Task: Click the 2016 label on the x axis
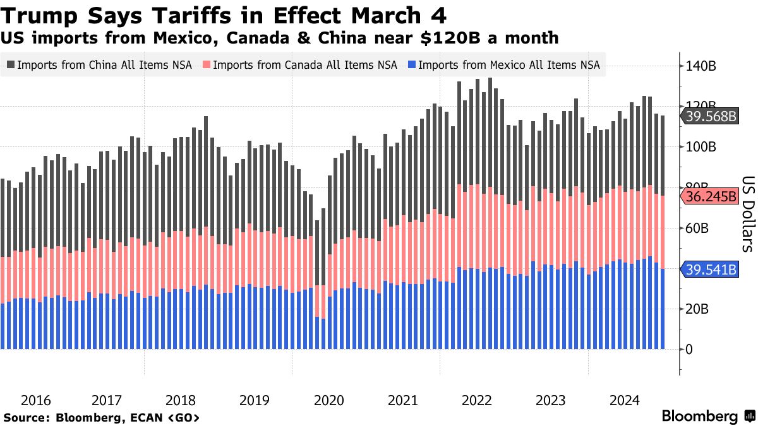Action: (x=35, y=400)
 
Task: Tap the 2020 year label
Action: (x=328, y=400)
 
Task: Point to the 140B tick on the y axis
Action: (x=702, y=66)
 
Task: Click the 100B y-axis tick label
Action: (x=702, y=147)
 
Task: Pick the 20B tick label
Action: (x=699, y=309)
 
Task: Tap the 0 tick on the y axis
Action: (x=690, y=349)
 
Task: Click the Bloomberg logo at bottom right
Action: (x=699, y=417)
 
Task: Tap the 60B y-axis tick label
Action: (x=699, y=228)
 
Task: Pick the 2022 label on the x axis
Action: (x=477, y=400)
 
